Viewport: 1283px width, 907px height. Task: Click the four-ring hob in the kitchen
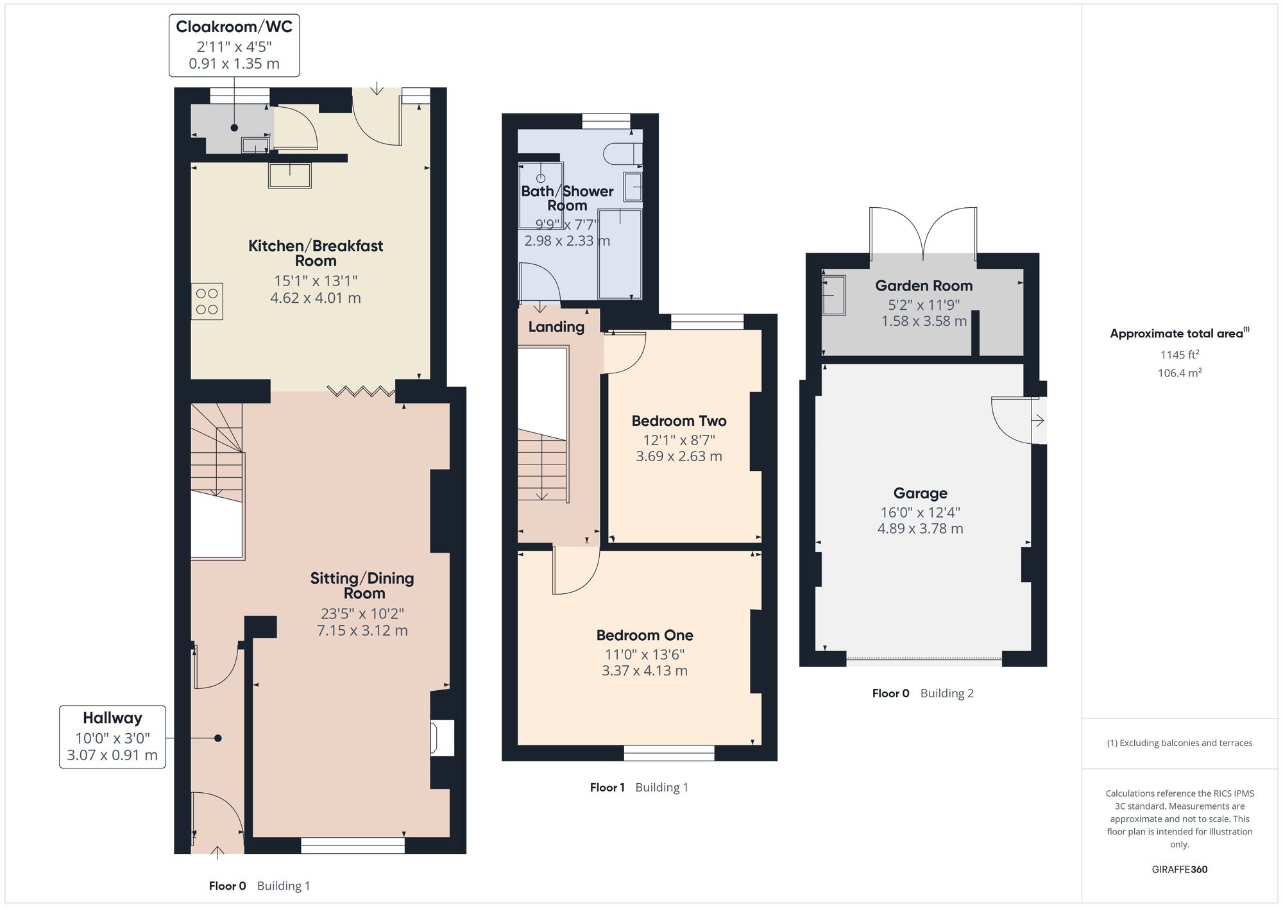207,301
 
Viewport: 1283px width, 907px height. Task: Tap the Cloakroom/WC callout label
234,46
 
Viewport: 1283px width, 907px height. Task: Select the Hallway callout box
112,737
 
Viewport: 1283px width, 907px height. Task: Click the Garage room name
921,493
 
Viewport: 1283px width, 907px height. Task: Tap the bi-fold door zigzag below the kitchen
361,391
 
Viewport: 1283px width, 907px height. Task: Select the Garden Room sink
834,295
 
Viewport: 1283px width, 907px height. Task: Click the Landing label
556,326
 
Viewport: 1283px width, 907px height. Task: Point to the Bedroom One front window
669,753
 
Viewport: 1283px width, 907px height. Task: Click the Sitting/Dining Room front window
353,845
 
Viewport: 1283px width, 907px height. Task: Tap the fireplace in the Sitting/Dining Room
443,738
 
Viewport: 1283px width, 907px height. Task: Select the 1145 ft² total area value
1180,354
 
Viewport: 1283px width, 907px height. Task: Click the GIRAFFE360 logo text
1180,870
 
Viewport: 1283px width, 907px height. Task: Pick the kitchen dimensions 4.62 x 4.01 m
316,298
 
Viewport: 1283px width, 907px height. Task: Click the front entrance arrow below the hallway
217,852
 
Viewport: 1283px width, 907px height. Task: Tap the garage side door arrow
1038,421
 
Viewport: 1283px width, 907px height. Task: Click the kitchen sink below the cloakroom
290,175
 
